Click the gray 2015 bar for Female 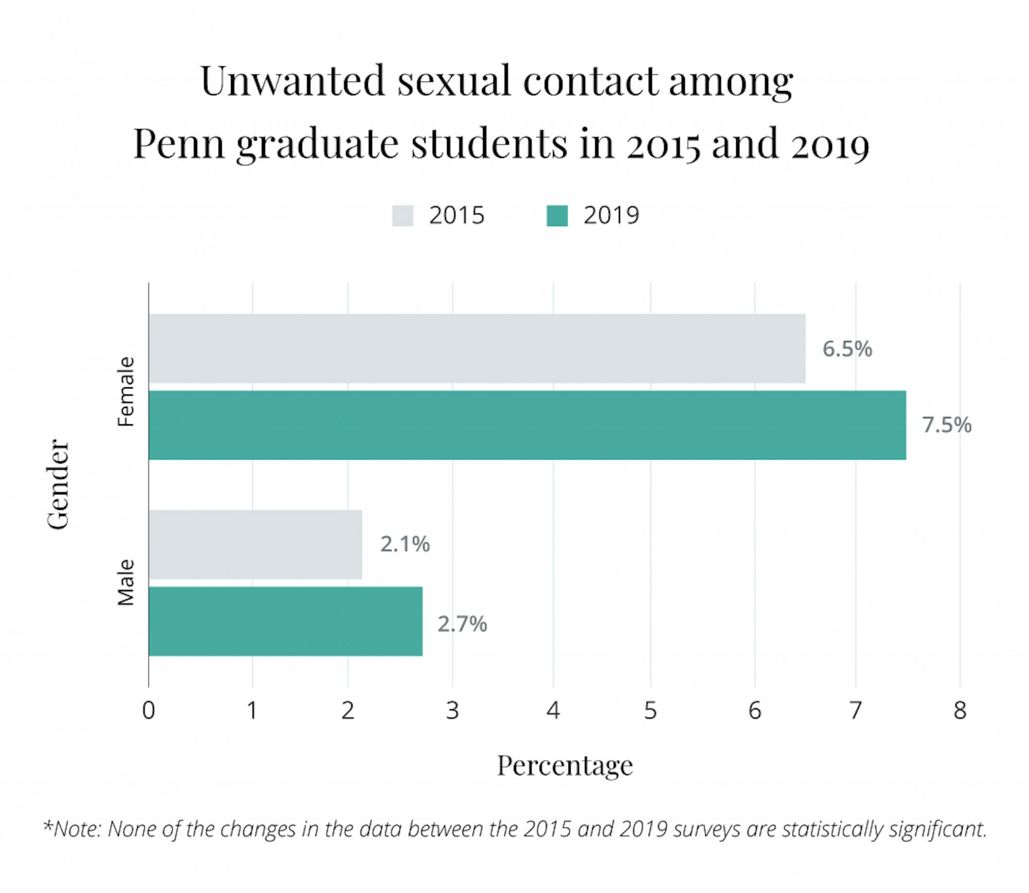coord(476,348)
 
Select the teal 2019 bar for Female coord(527,425)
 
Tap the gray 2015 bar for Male coord(255,544)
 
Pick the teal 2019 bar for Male coord(286,621)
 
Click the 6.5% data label coord(847,349)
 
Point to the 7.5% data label coord(946,425)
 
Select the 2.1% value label coord(405,544)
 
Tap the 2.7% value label coord(462,624)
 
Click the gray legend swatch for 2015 coord(402,216)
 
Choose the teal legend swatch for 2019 coord(557,216)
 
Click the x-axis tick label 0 coord(148,710)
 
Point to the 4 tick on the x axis coord(553,710)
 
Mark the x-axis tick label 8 coord(960,710)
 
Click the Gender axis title coord(58,484)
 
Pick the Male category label coord(126,582)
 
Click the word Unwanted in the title coord(292,81)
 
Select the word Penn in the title coord(179,144)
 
